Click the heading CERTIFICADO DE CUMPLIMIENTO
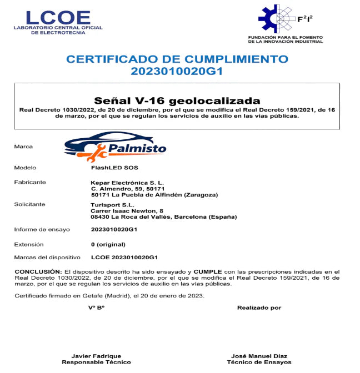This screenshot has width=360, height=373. [177, 59]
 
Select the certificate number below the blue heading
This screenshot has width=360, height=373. [177, 71]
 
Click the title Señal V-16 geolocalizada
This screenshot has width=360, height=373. [177, 101]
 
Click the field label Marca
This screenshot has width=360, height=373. [23, 147]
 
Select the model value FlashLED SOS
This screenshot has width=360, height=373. [114, 167]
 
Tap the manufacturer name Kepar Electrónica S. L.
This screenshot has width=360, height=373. [127, 182]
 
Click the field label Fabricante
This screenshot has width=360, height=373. [30, 182]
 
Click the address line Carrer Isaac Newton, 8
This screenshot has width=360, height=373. [127, 211]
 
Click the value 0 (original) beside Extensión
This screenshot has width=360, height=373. [108, 244]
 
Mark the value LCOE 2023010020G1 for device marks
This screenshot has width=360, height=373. [124, 258]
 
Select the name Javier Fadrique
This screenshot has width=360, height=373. [96, 356]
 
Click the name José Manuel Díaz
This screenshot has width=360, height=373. [259, 356]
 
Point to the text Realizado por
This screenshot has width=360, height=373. [259, 308]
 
